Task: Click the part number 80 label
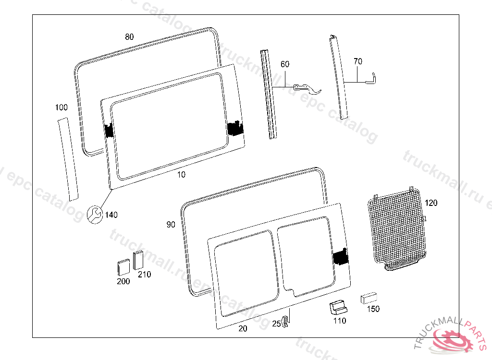tap(129, 37)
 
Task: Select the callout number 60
tap(285, 64)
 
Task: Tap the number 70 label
tap(357, 61)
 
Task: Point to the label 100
tap(61, 108)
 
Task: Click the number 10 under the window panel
tap(181, 175)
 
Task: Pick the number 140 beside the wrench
tap(111, 215)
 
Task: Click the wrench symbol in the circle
tap(95, 214)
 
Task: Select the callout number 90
tap(171, 225)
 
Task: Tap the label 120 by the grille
tap(431, 203)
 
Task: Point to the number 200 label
tap(123, 281)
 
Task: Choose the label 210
tap(144, 275)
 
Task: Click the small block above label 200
tap(123, 267)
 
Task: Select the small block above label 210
tap(138, 260)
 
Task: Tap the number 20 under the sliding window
tap(243, 328)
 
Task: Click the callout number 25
tap(276, 324)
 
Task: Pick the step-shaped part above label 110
tap(338, 306)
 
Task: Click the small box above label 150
tap(369, 298)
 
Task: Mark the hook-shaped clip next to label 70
tap(371, 77)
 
